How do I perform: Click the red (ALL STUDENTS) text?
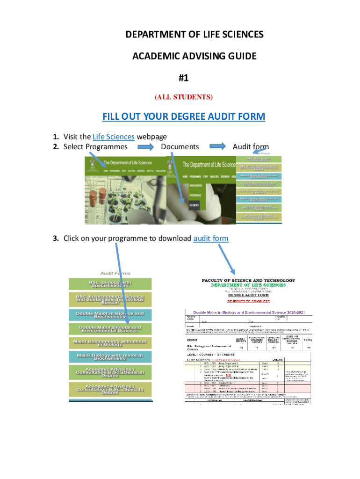coord(183,97)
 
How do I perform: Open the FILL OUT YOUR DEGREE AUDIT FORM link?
coord(184,116)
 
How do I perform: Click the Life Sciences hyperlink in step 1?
coord(114,137)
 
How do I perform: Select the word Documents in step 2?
coord(180,146)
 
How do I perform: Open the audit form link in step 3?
coord(210,238)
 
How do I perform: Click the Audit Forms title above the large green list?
coord(115,273)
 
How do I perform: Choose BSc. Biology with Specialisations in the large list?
coord(110,284)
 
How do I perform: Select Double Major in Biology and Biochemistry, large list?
coord(110,314)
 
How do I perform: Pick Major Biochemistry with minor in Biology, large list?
coord(110,343)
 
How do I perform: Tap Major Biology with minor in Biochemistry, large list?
coord(110,357)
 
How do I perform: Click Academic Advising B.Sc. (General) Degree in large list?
coord(110,373)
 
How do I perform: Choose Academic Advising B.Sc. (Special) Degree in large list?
coord(110,389)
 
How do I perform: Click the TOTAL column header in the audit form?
coord(308,341)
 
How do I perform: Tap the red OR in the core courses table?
coord(229,376)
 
